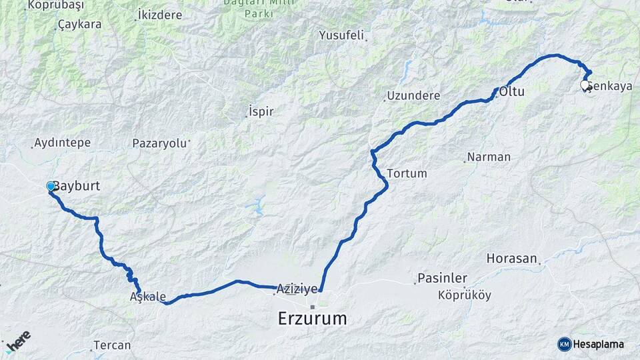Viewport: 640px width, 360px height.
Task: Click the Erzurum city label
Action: [312, 319]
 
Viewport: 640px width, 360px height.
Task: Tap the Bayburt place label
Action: [77, 186]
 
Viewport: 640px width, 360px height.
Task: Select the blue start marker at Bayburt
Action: [51, 186]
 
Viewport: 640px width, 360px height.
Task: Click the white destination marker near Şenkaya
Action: [585, 85]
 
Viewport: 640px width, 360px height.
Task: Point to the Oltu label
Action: [512, 92]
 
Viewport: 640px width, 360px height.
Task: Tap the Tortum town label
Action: [407, 173]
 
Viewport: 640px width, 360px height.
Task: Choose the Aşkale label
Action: [147, 297]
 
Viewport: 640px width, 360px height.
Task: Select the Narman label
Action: [489, 157]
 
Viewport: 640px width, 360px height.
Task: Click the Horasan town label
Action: [511, 258]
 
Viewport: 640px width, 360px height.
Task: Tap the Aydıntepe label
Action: [62, 143]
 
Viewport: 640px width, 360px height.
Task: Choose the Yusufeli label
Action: [341, 35]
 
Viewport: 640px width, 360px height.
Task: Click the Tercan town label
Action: [112, 345]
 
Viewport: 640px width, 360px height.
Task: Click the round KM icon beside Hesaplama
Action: [564, 344]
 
